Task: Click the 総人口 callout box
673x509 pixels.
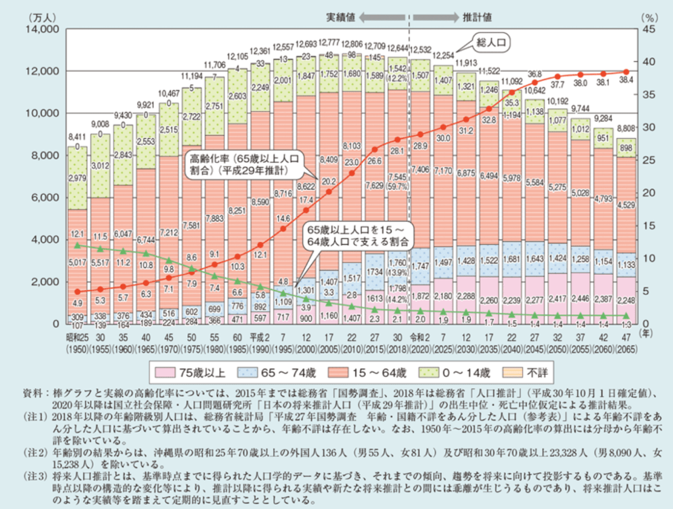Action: (x=490, y=42)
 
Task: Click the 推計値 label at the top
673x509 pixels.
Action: (x=474, y=17)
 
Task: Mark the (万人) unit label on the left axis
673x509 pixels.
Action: (x=40, y=17)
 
